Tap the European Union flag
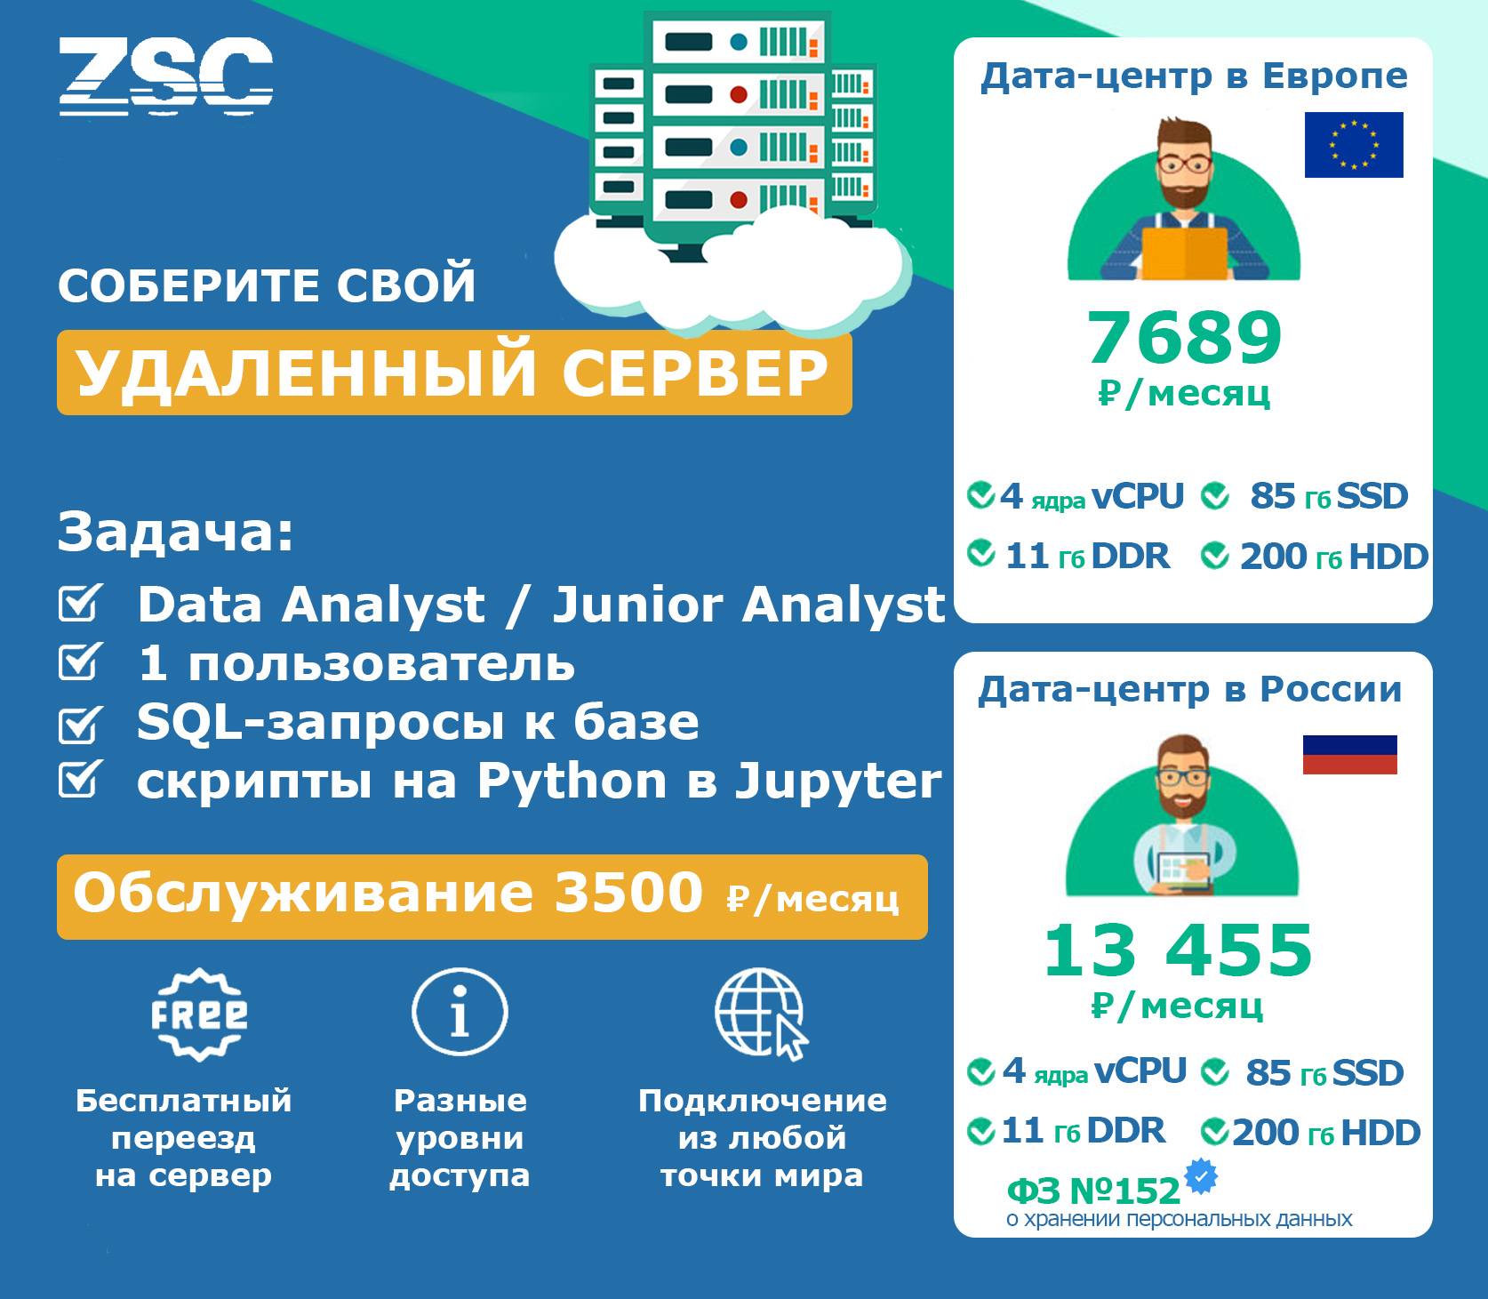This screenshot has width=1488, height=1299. point(1354,145)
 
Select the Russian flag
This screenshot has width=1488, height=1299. point(1350,755)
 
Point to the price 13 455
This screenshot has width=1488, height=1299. point(1179,950)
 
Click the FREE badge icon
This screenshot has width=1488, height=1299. point(199,1014)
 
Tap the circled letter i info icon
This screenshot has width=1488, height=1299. point(460,1012)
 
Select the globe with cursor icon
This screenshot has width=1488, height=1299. point(762,1014)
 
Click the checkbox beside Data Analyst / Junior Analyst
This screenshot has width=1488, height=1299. point(81,603)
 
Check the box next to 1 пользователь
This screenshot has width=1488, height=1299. point(81,662)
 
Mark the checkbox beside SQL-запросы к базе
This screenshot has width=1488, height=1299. point(81,724)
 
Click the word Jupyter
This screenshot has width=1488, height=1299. point(838,782)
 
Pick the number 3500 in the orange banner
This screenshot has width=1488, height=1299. point(628,893)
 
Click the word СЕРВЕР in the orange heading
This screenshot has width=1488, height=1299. point(695,373)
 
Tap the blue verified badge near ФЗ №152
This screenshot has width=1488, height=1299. point(1201,1175)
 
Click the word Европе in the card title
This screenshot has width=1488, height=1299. point(1335,77)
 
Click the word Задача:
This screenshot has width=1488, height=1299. point(176,532)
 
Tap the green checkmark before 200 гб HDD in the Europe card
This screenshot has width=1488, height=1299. point(1215,557)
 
